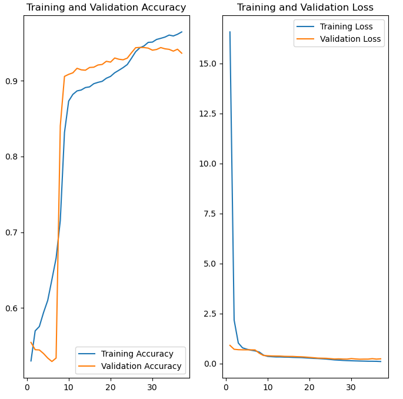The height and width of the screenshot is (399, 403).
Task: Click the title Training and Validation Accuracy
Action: [x=106, y=8]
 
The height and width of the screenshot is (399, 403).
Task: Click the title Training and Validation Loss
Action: [x=305, y=8]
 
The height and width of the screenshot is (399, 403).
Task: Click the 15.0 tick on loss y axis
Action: [x=208, y=64]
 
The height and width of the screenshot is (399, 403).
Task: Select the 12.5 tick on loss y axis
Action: [x=208, y=114]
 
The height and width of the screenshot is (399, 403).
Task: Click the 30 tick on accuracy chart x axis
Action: [x=152, y=387]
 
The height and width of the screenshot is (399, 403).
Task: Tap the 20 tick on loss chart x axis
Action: [x=309, y=387]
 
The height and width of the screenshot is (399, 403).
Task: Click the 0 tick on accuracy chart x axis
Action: [x=27, y=387]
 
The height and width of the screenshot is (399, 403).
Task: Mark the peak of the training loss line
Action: [x=230, y=32]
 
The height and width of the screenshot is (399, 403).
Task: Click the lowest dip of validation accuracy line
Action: [x=52, y=361]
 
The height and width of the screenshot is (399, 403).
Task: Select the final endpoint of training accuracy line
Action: [x=182, y=32]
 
